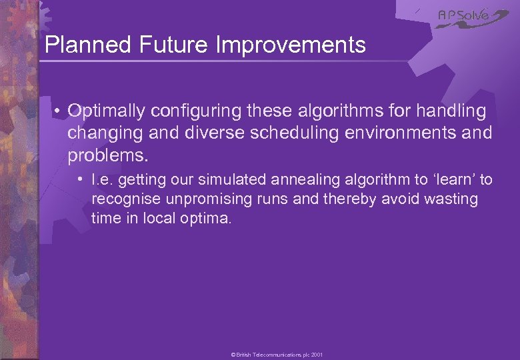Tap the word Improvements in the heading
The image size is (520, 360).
click(291, 45)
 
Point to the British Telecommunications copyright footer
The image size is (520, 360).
click(277, 355)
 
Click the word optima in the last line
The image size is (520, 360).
click(205, 217)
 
